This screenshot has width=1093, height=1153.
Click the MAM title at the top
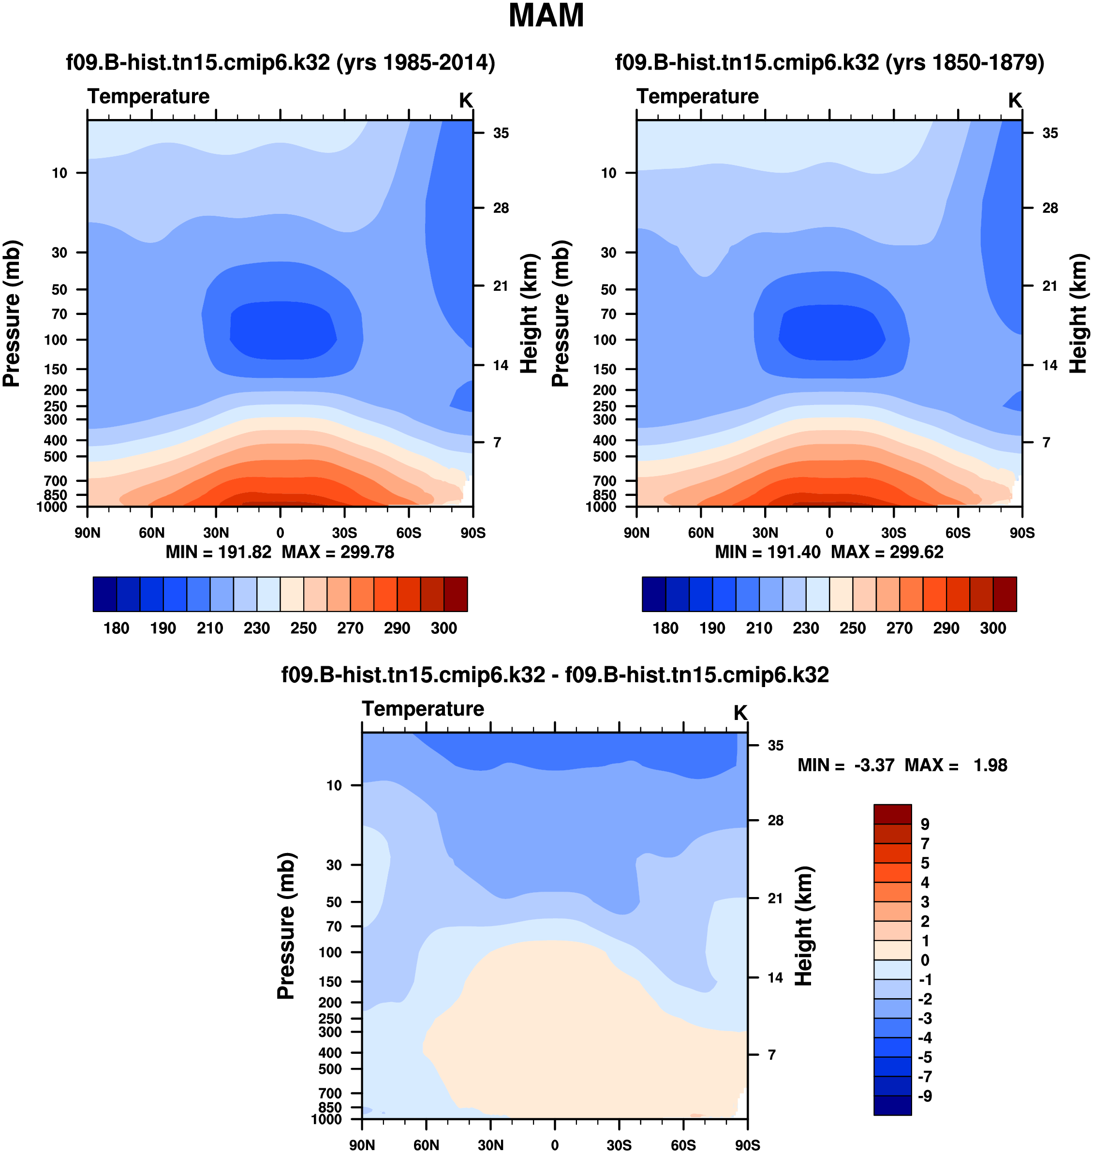[546, 16]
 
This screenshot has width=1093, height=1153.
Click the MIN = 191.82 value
[219, 552]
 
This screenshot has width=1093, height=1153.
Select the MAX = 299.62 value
[887, 552]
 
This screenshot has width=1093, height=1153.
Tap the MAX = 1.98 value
[956, 765]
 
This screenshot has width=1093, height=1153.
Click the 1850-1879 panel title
[829, 62]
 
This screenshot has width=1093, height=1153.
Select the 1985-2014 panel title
[280, 62]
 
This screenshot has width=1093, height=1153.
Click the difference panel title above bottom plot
[555, 674]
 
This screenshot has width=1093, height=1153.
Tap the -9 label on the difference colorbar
[925, 1096]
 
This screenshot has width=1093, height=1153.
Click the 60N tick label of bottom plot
[426, 1145]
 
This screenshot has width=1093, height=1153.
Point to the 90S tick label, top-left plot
[473, 533]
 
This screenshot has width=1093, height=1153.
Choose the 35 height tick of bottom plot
[775, 746]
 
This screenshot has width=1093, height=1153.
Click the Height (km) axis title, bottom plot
[804, 926]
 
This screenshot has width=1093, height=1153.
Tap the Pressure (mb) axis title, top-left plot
[12, 314]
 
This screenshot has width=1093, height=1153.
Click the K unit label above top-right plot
[1015, 101]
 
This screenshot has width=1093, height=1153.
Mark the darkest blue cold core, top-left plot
[282, 330]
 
